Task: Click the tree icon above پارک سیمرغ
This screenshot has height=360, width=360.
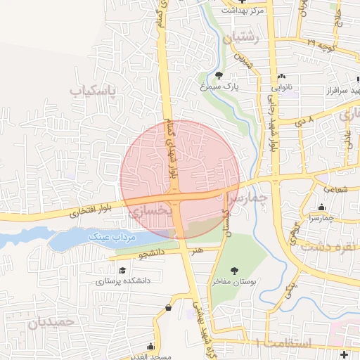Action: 219,75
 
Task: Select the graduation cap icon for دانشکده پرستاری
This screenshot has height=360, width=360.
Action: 122,270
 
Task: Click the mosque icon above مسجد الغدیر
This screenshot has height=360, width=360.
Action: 150,346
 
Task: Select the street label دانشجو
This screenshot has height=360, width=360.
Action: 150,251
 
